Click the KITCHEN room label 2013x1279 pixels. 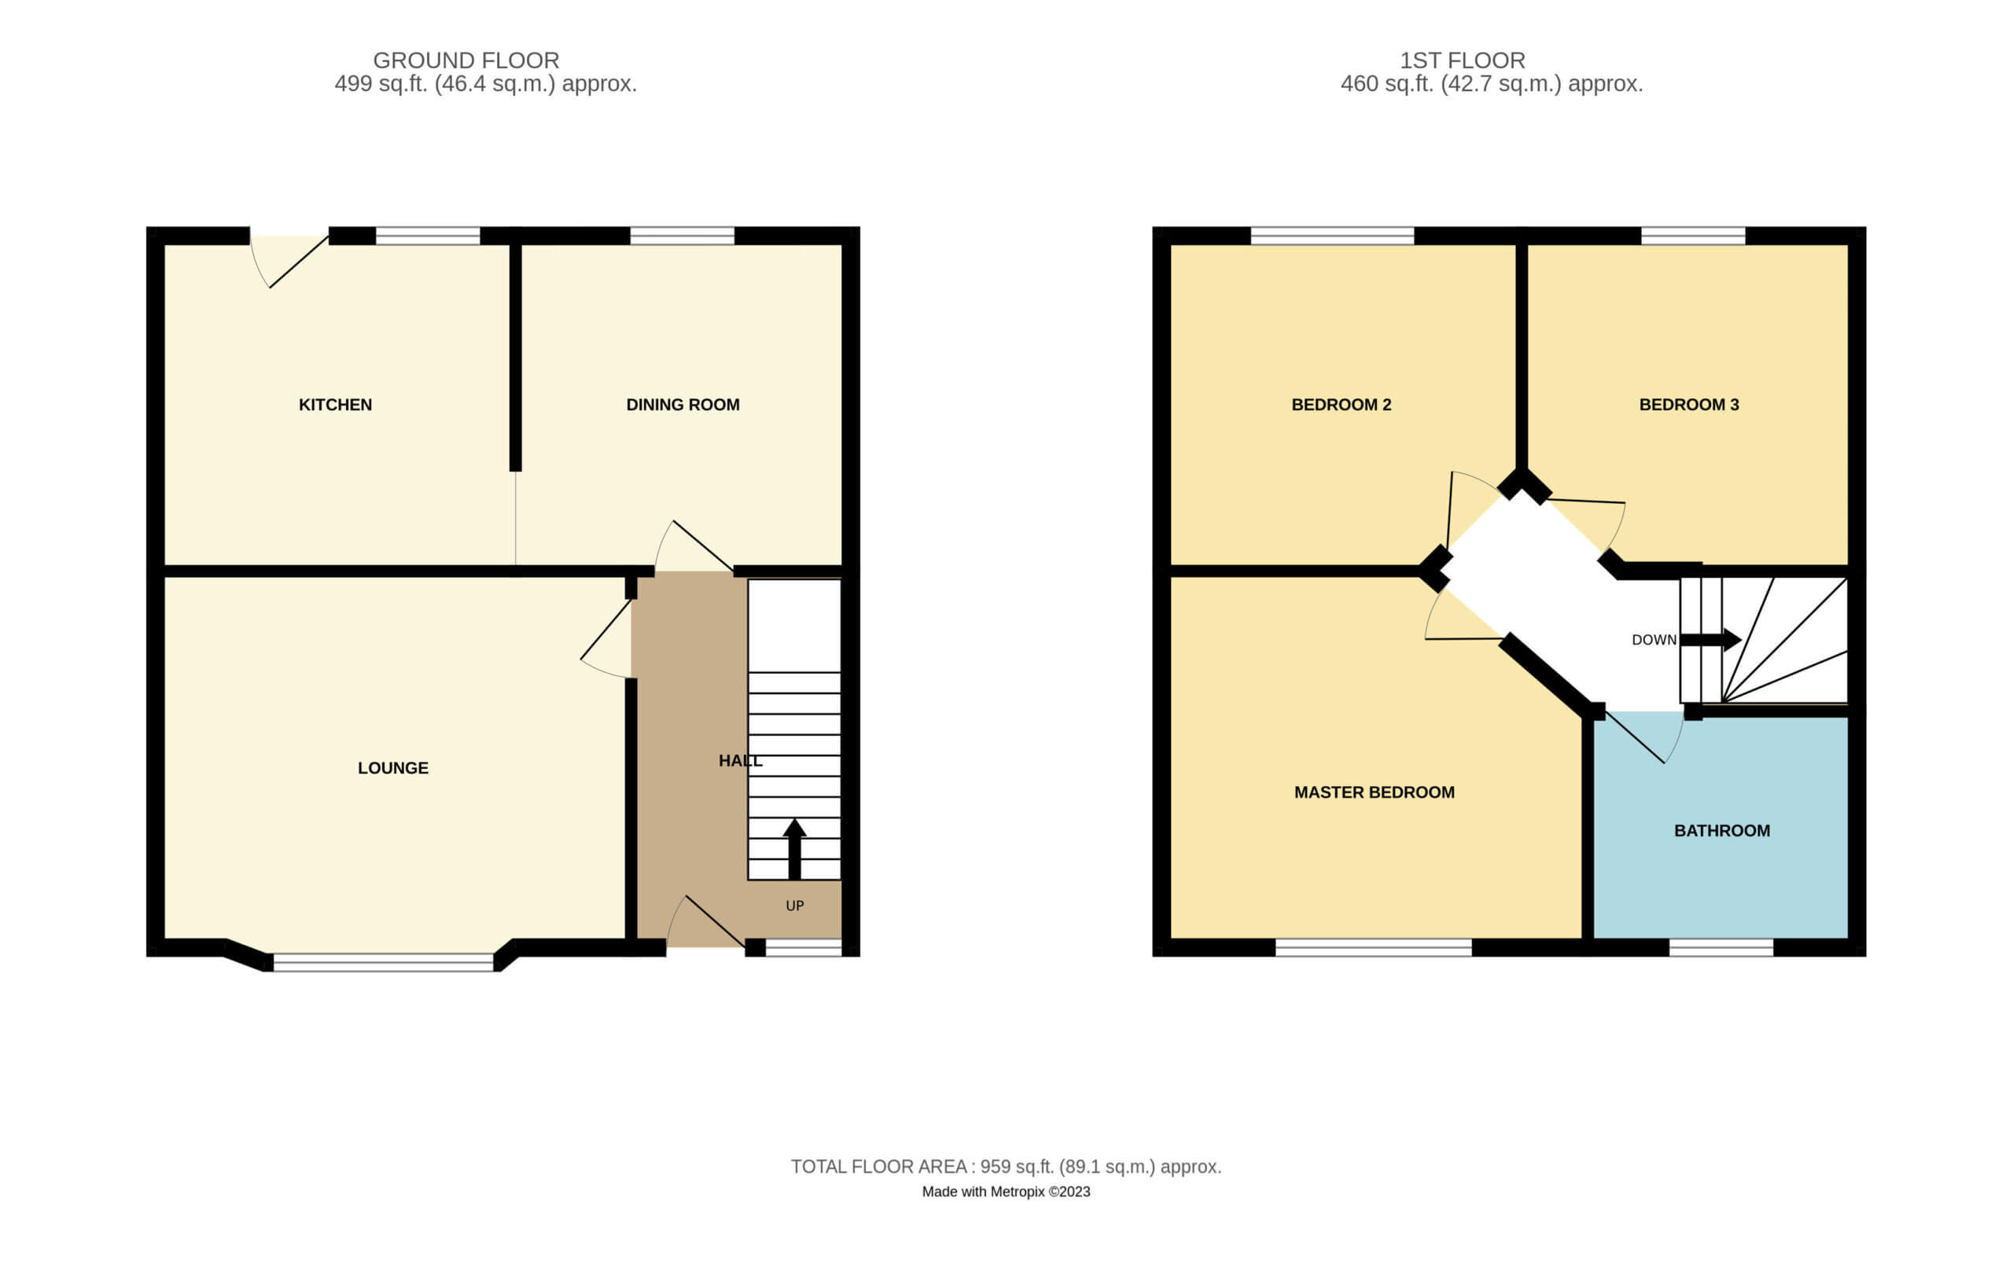[335, 405]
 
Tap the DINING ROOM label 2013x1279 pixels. [683, 405]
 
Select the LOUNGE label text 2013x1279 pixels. [393, 767]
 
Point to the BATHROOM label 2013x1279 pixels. [1722, 830]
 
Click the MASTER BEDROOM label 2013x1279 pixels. [1375, 792]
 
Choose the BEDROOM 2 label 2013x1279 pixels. [1341, 405]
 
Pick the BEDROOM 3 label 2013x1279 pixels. [1689, 405]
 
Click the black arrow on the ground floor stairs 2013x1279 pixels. [794, 848]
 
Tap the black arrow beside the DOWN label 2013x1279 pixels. [1710, 640]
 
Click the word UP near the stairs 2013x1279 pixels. [795, 906]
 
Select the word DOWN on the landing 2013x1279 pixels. [1654, 640]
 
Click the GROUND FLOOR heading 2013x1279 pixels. [466, 61]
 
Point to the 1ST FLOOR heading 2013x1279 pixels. [1463, 61]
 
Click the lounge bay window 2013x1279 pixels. [384, 962]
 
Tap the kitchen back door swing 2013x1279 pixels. [289, 262]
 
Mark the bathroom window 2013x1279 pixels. [1721, 947]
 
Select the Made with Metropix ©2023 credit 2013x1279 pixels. [1006, 1191]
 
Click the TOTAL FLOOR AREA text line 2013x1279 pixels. [1006, 1166]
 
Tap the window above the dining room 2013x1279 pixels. [683, 235]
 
